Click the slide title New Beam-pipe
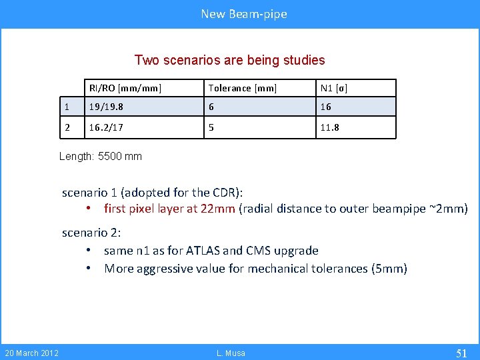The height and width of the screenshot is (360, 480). pos(244,14)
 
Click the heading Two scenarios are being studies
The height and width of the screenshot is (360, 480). pos(229,60)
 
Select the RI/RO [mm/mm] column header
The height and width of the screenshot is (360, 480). pos(125,88)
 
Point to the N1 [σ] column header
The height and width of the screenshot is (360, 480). pos(333,88)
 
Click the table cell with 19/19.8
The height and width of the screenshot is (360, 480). pos(105,107)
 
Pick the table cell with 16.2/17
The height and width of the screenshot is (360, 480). pos(105,127)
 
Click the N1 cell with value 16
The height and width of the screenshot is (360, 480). pos(326,107)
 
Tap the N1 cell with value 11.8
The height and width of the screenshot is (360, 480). pos(329,127)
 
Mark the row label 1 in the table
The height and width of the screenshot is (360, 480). pos(67,107)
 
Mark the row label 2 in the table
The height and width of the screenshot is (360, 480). pos(67,127)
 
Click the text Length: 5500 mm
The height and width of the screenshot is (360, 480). pos(101,156)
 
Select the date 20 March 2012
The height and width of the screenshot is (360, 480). pos(31,353)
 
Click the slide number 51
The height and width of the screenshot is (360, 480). pos(461,353)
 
